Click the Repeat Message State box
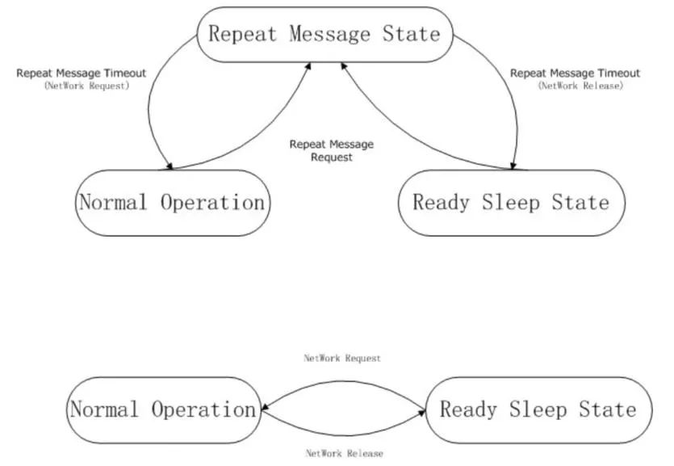pyautogui.click(x=324, y=34)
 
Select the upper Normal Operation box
pyautogui.click(x=171, y=203)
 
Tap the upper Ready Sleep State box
pyautogui.click(x=511, y=203)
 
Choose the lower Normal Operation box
pyautogui.click(x=163, y=410)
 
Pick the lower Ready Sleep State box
pyautogui.click(x=538, y=410)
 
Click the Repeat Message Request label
pyautogui.click(x=332, y=151)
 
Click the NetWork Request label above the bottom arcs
pyautogui.click(x=341, y=358)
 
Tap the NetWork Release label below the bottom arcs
pyautogui.click(x=344, y=454)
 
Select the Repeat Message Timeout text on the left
pyautogui.click(x=81, y=73)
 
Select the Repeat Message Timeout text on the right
pyautogui.click(x=575, y=73)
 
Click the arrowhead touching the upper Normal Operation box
pyautogui.click(x=168, y=166)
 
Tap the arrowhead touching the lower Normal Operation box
pyautogui.click(x=264, y=409)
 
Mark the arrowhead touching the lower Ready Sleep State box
pyautogui.click(x=421, y=411)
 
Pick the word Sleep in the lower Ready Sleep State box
pyautogui.click(x=537, y=410)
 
